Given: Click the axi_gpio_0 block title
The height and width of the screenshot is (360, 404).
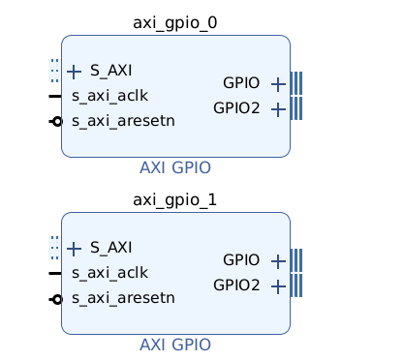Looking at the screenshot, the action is (x=175, y=23).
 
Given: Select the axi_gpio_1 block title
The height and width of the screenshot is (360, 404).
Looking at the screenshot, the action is (x=175, y=200).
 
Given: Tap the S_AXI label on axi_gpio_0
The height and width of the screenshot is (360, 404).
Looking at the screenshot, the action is (x=111, y=71).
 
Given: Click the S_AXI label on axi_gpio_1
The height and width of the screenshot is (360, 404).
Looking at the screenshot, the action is (x=111, y=248).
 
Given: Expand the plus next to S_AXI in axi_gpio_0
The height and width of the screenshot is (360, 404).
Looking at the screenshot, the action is (x=74, y=72).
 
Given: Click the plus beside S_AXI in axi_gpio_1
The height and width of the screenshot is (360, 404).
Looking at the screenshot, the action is (x=74, y=249).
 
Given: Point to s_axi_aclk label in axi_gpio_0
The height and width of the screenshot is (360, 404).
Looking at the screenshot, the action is (x=109, y=96).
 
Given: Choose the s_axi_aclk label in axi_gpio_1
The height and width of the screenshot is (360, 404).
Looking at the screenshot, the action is (x=109, y=273).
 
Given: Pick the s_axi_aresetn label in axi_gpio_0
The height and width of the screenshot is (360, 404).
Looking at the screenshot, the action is (x=123, y=121).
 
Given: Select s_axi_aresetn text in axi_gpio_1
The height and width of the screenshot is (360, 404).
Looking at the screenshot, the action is (x=123, y=298).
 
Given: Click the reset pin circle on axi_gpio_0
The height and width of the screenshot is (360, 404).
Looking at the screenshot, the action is (x=57, y=122).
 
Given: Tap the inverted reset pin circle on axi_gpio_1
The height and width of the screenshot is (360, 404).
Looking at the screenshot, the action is (x=57, y=300).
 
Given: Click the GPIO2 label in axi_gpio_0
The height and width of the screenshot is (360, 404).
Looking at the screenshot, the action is (x=236, y=108).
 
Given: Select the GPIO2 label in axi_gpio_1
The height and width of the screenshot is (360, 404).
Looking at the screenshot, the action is (x=236, y=285).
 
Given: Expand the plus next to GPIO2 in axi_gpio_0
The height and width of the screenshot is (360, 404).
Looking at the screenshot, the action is (x=278, y=110).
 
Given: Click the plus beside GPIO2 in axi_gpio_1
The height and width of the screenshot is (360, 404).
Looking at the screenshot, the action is (x=278, y=287).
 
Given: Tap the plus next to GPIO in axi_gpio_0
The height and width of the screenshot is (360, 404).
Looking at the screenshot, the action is (x=278, y=84).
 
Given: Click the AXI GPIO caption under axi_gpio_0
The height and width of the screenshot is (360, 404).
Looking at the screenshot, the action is (x=175, y=168).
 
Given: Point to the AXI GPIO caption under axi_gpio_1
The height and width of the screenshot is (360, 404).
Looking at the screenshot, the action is (x=175, y=345).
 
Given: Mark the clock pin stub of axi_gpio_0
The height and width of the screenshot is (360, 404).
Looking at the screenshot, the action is (x=55, y=96).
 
